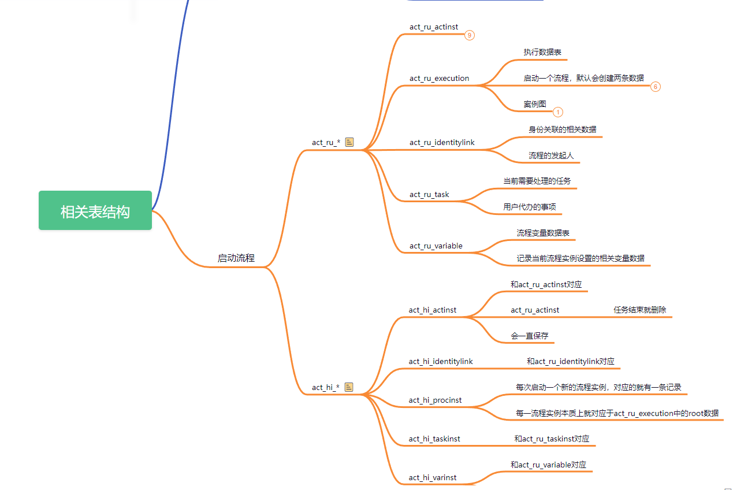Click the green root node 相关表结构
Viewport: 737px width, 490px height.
[95, 210]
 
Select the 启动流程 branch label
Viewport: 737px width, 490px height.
[236, 258]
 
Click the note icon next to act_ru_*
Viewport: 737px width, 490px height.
[349, 142]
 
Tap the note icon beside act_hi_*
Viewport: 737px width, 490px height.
[349, 387]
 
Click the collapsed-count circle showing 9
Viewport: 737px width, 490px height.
[470, 35]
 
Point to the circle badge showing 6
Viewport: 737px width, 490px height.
[656, 87]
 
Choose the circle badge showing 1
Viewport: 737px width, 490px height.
[558, 112]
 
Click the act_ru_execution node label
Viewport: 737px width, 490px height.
[439, 79]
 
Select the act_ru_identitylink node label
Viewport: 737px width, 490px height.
[442, 143]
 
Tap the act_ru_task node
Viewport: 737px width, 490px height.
[429, 195]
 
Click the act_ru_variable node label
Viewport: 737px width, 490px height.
[436, 246]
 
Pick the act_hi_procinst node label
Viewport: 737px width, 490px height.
[435, 400]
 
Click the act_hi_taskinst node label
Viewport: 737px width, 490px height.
[434, 439]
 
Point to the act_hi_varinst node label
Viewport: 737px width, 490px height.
[433, 477]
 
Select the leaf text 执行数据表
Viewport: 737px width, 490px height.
[542, 53]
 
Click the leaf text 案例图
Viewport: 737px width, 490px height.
[535, 104]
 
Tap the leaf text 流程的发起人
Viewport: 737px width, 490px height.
[551, 155]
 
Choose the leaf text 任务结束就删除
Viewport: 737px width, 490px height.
[639, 310]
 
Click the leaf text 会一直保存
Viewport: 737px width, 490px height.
[530, 336]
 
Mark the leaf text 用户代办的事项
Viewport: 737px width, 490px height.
[530, 207]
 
